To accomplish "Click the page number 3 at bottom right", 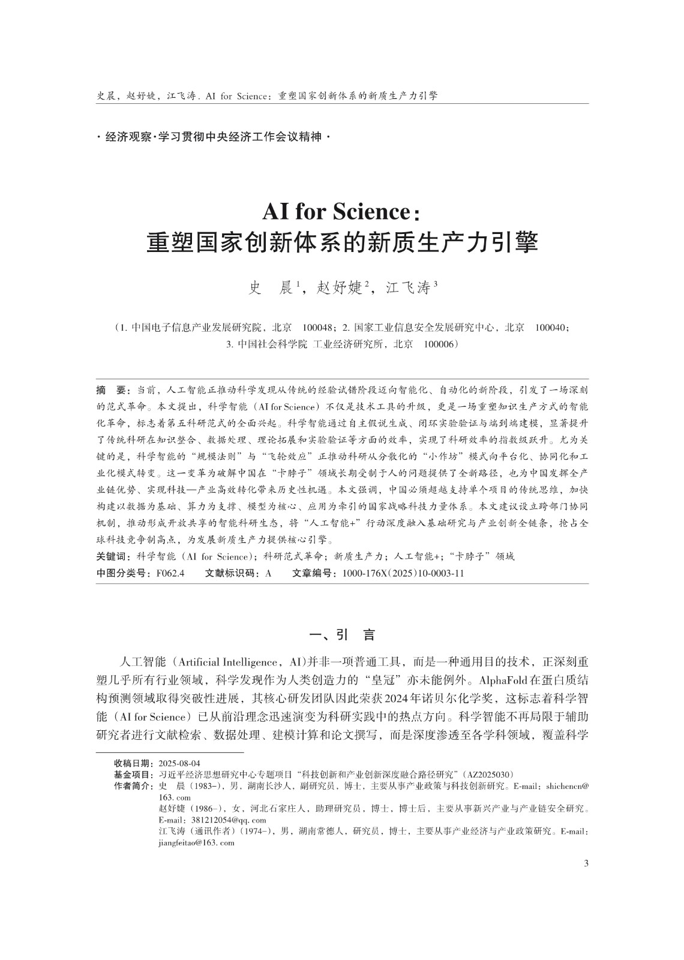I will point(586,863).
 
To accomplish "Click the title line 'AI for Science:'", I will point(341,212).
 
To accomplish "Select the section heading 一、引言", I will point(341,635).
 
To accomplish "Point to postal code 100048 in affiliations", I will point(318,328).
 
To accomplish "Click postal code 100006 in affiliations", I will point(440,344).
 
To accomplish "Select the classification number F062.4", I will point(170,573).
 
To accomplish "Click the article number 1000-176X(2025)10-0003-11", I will point(403,573).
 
